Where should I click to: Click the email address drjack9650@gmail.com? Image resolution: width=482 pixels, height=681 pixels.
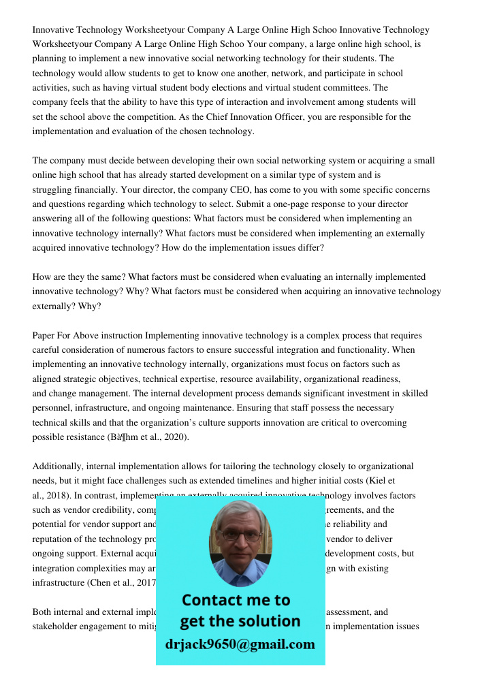pos(240,644)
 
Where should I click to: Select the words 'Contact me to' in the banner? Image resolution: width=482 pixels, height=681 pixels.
pos(236,600)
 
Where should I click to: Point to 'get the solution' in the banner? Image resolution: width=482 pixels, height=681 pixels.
pos(240,621)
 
